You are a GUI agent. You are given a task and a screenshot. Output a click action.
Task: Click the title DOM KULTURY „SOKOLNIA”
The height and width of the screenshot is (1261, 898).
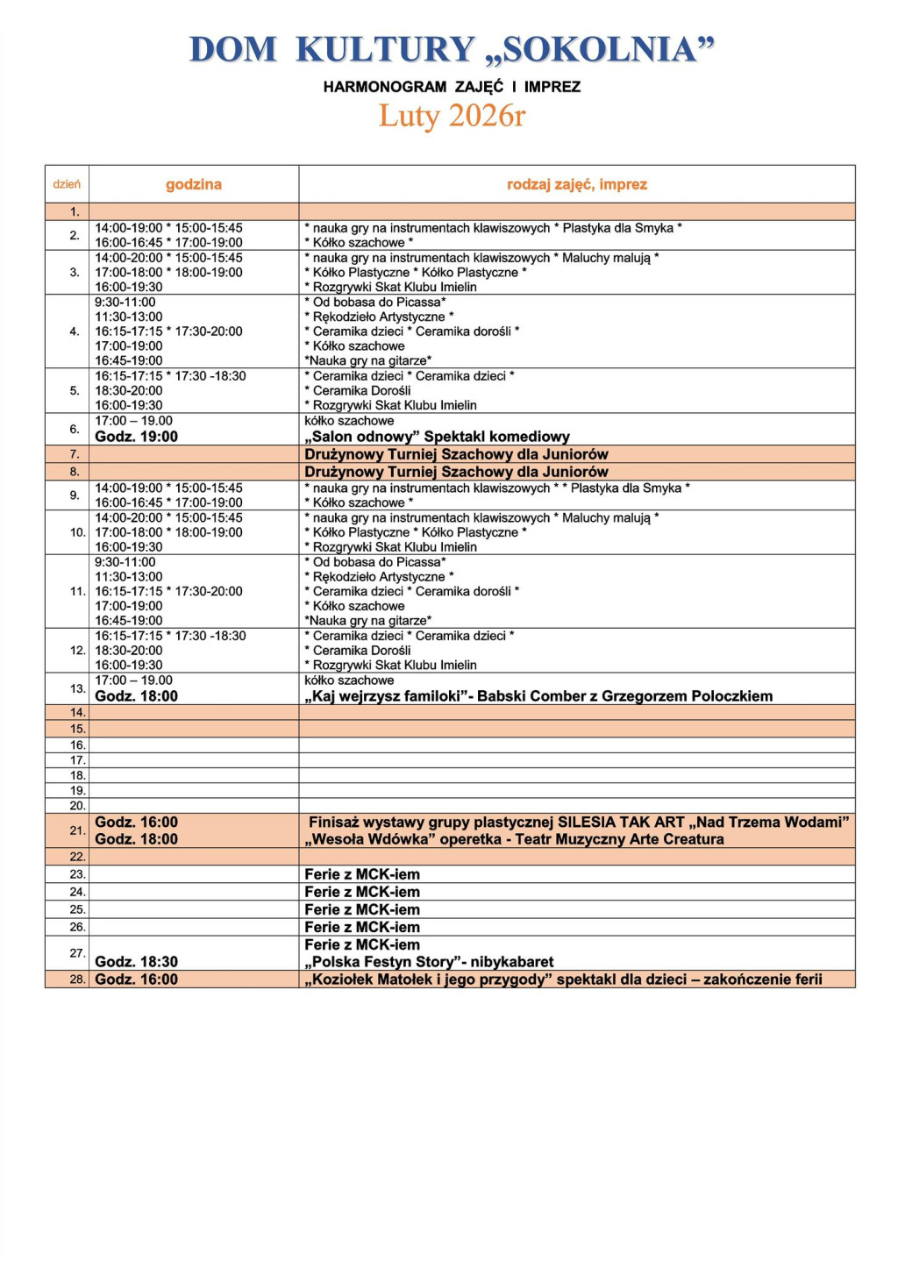pyautogui.click(x=452, y=50)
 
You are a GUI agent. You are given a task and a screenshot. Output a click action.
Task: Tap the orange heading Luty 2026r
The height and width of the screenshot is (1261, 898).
pyautogui.click(x=452, y=116)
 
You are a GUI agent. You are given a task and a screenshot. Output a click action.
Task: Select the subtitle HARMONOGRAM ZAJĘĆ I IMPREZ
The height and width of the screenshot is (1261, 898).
pyautogui.click(x=452, y=87)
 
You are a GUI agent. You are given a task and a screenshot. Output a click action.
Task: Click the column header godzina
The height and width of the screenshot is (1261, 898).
pyautogui.click(x=194, y=184)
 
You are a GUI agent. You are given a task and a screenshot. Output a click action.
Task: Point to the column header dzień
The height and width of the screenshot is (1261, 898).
pyautogui.click(x=67, y=184)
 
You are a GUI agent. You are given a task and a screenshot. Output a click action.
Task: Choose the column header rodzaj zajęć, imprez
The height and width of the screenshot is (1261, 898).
pyautogui.click(x=576, y=184)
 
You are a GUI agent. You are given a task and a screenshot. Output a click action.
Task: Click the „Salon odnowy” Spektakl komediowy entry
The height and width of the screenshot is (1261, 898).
pyautogui.click(x=437, y=437)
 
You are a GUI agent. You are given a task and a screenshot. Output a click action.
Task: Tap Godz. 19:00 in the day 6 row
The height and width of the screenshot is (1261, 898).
pyautogui.click(x=136, y=437)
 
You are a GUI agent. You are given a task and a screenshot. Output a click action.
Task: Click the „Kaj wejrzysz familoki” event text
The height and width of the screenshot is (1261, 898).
pyautogui.click(x=538, y=696)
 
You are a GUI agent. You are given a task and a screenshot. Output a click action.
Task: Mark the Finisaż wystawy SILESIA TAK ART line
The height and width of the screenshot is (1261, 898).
pyautogui.click(x=578, y=823)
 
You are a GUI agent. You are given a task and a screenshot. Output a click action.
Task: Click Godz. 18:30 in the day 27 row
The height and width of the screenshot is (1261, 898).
pyautogui.click(x=136, y=962)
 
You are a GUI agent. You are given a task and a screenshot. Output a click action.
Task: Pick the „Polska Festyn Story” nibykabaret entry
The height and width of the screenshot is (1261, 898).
pyautogui.click(x=429, y=962)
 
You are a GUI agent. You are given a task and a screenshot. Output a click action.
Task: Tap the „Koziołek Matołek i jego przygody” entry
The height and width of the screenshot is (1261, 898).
pyautogui.click(x=563, y=980)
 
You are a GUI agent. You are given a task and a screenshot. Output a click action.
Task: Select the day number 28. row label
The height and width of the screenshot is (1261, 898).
pyautogui.click(x=77, y=980)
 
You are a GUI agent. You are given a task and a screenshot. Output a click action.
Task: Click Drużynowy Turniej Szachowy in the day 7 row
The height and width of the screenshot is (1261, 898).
pyautogui.click(x=456, y=454)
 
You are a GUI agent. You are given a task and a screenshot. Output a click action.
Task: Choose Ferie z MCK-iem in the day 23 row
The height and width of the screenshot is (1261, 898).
pyautogui.click(x=362, y=874)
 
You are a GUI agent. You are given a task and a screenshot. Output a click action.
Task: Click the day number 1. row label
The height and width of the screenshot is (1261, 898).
pyautogui.click(x=75, y=211)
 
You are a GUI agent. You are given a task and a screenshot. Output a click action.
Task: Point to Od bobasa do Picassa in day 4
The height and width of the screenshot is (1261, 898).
pyautogui.click(x=375, y=303)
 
